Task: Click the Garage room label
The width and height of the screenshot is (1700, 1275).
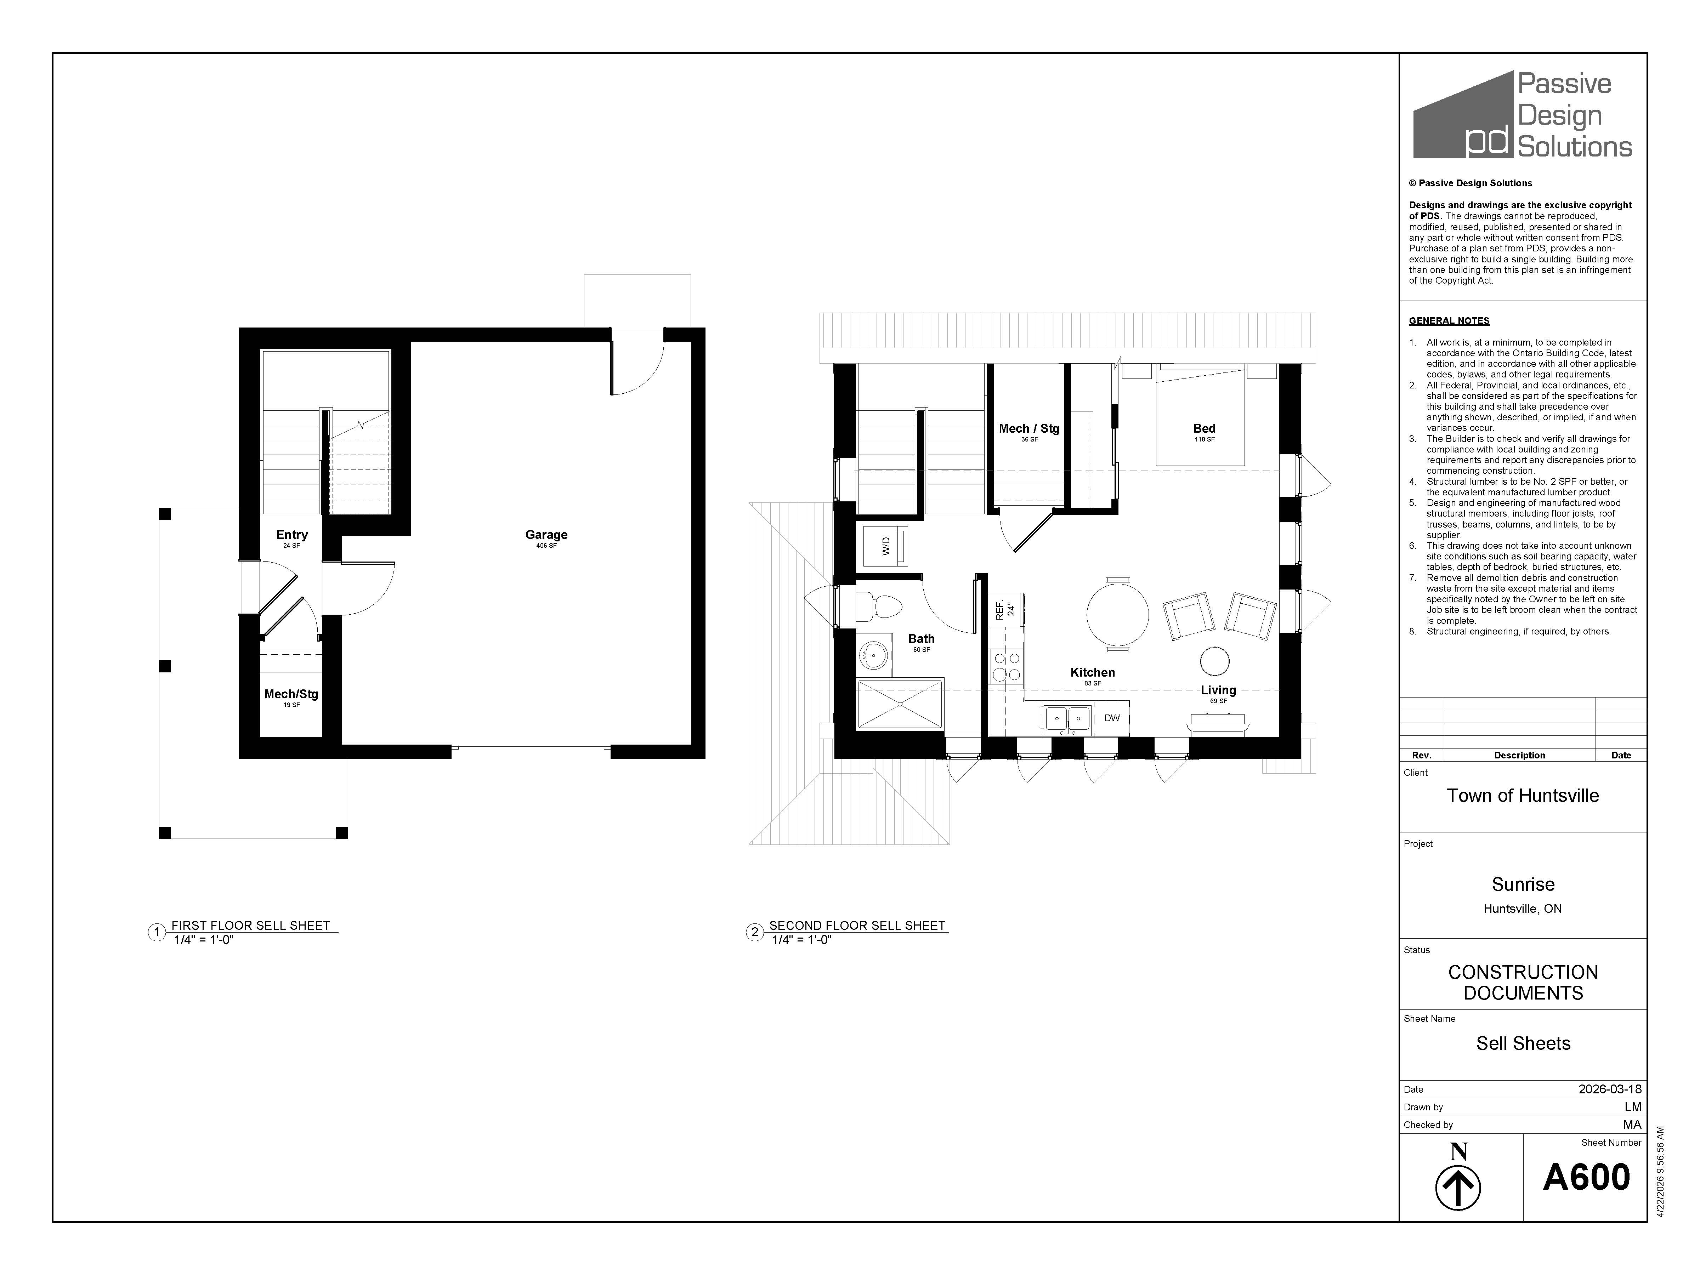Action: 546,535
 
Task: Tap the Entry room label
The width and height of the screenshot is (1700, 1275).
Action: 292,535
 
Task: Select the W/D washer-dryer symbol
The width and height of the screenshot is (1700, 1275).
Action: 886,546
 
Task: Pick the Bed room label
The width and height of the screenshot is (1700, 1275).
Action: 1204,429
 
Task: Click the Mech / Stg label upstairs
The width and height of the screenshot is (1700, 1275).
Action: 1029,429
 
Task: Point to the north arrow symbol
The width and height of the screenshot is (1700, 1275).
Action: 1458,1188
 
